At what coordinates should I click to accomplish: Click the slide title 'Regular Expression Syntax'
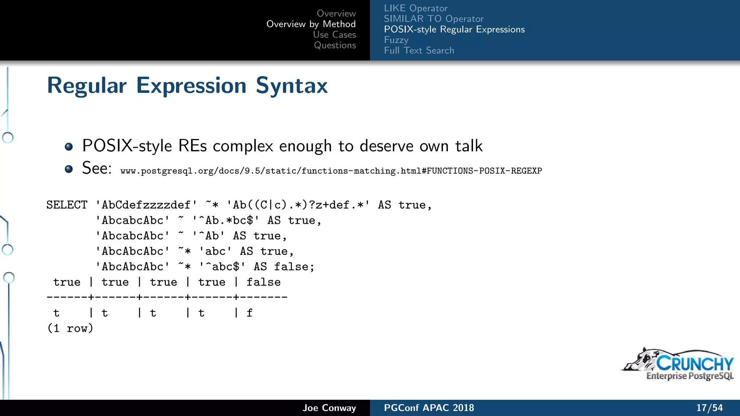tap(187, 86)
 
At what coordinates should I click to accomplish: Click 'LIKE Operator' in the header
tap(416, 8)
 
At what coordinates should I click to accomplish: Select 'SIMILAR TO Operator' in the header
tap(433, 19)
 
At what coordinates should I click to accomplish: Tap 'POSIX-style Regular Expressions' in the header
tap(454, 29)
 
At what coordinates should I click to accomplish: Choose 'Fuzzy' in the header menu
tap(396, 40)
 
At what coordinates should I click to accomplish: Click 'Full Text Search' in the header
tap(419, 51)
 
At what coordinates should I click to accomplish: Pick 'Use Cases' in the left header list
tap(334, 35)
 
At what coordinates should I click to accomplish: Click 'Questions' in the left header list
tap(335, 45)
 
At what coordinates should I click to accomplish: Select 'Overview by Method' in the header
tap(311, 24)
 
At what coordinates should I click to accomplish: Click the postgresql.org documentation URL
tap(331, 171)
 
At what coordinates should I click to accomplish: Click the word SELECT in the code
tap(67, 205)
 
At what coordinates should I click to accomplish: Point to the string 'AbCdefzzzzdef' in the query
tap(146, 205)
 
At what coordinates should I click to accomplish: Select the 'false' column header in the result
tap(263, 282)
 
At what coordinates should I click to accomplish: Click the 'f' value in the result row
tap(249, 313)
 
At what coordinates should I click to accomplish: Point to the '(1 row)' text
tap(70, 328)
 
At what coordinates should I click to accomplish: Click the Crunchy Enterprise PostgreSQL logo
tap(678, 365)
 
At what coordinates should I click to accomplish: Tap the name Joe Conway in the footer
tap(329, 408)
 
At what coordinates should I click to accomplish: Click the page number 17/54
tap(709, 408)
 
